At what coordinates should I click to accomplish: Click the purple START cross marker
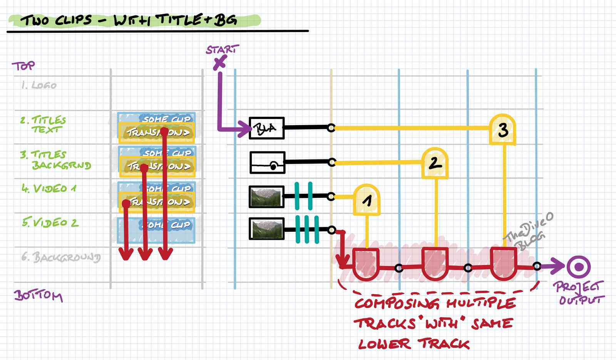pos(220,63)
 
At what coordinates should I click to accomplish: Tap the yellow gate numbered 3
pos(503,130)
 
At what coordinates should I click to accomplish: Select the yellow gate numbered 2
pos(435,163)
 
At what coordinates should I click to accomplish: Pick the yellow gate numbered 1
pos(367,199)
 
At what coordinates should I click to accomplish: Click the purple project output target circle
pos(579,266)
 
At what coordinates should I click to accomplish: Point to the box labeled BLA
pos(267,128)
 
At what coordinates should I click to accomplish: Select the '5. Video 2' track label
pos(50,223)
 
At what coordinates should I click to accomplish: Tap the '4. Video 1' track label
pos(49,188)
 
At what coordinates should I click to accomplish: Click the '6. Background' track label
pos(61,257)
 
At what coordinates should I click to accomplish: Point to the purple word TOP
pos(23,66)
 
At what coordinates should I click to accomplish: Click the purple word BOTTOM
pos(38,295)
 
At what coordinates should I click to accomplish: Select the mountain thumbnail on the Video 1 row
pos(267,197)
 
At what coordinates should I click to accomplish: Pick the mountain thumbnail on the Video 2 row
pos(267,228)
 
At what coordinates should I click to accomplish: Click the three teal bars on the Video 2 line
pos(307,229)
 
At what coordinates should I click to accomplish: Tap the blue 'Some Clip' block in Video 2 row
pos(156,230)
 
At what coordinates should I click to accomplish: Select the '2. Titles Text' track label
pos(44,124)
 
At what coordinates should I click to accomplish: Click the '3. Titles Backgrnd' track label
pos(55,160)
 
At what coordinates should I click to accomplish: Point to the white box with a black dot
pos(267,162)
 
